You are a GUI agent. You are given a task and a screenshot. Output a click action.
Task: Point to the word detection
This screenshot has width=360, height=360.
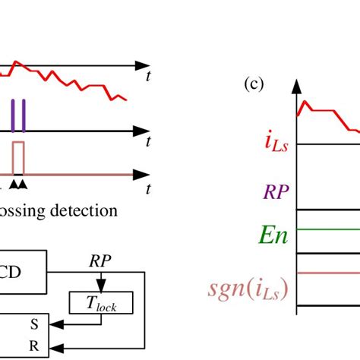coord(84,211)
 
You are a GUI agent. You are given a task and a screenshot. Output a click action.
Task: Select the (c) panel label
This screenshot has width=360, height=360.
coord(253,85)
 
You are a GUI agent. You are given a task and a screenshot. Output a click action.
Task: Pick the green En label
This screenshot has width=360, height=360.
coord(272,233)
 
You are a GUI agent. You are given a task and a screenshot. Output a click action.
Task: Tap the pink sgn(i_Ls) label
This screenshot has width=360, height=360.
coord(247,289)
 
